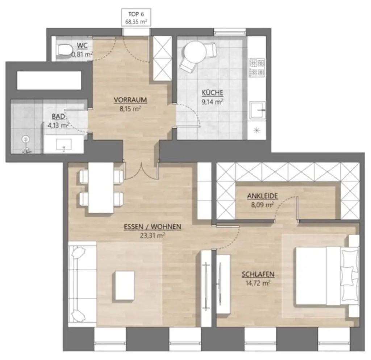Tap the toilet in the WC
64,50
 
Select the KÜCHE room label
212,93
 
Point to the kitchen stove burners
257,67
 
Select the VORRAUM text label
127,100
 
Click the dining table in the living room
101,187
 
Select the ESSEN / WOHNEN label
152,227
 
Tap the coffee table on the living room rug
125,285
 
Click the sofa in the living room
82,284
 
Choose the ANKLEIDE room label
262,196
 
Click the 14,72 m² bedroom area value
258,283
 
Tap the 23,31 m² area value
152,235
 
